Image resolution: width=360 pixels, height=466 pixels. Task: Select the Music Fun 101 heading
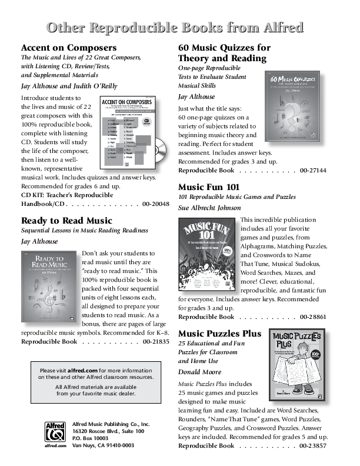coord(211,187)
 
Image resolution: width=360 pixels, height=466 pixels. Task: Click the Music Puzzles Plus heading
coord(219,334)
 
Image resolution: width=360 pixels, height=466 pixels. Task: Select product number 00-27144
coord(313,170)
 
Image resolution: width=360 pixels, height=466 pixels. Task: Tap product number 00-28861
coord(313,317)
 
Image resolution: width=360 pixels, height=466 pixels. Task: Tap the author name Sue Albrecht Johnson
coord(209,208)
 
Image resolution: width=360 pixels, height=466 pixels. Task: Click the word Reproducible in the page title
coord(175,28)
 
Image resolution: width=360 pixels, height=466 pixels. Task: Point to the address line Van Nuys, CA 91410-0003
coord(103,445)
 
